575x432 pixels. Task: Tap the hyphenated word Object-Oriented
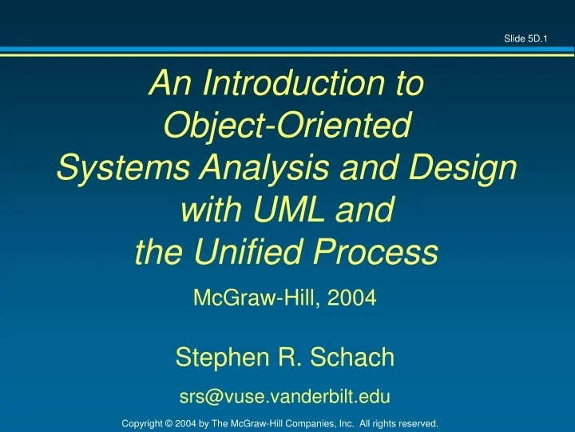287,125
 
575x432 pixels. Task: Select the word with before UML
209,210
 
